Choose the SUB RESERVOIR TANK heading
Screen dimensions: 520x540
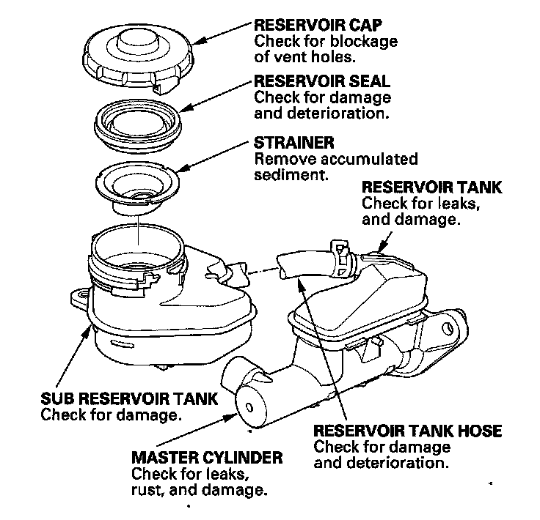coord(129,399)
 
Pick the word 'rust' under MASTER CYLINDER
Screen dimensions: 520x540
coord(146,491)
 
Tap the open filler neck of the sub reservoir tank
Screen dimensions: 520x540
coord(136,249)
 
